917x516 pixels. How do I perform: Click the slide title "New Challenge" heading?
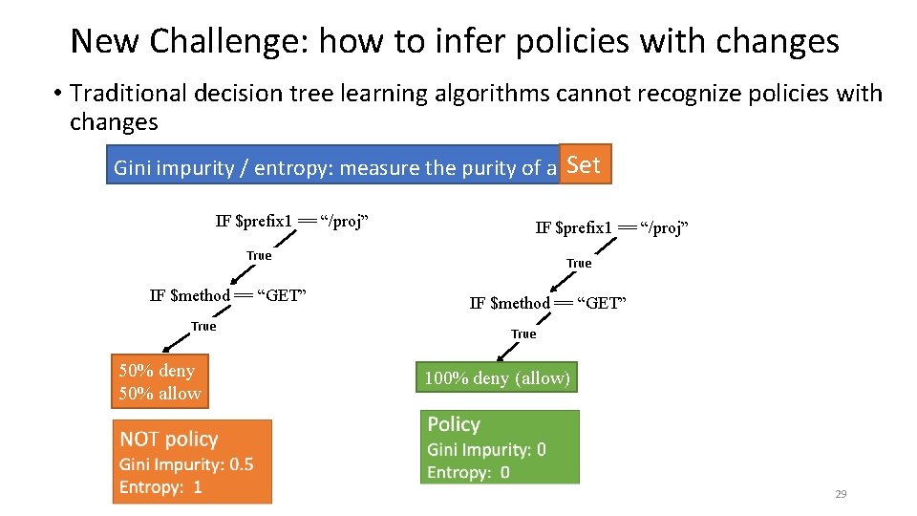pyautogui.click(x=455, y=41)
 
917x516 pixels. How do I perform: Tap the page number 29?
pyautogui.click(x=841, y=494)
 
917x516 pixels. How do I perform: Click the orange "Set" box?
pyautogui.click(x=584, y=164)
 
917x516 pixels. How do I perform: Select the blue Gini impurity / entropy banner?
pyautogui.click(x=334, y=168)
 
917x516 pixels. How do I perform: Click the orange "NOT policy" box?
pyautogui.click(x=191, y=462)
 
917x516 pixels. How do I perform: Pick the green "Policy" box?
pyautogui.click(x=500, y=447)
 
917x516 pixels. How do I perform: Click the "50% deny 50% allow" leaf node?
pyautogui.click(x=159, y=382)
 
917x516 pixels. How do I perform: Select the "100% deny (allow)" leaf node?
pyautogui.click(x=497, y=378)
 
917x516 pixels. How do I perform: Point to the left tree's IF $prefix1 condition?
pyautogui.click(x=292, y=222)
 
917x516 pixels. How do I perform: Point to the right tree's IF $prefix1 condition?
pyautogui.click(x=612, y=227)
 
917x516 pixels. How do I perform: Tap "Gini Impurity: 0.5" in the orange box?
pyautogui.click(x=186, y=464)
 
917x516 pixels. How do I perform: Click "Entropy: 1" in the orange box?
pyautogui.click(x=160, y=487)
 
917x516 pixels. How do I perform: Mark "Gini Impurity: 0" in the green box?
pyautogui.click(x=486, y=449)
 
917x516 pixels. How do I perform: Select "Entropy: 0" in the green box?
pyautogui.click(x=468, y=472)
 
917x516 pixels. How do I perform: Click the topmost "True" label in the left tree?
pyautogui.click(x=259, y=255)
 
